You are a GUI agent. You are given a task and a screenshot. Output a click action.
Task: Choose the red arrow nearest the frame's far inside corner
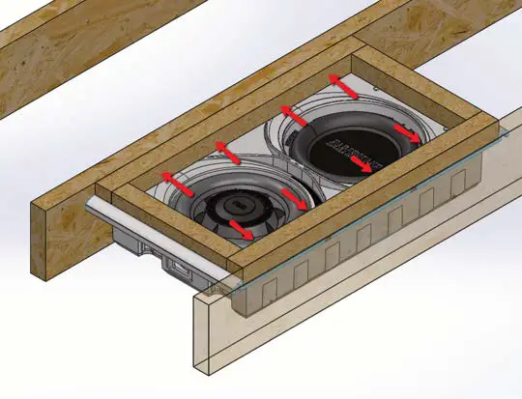click(x=340, y=85)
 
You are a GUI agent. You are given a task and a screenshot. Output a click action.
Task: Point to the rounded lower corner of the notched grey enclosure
click(x=242, y=311)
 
